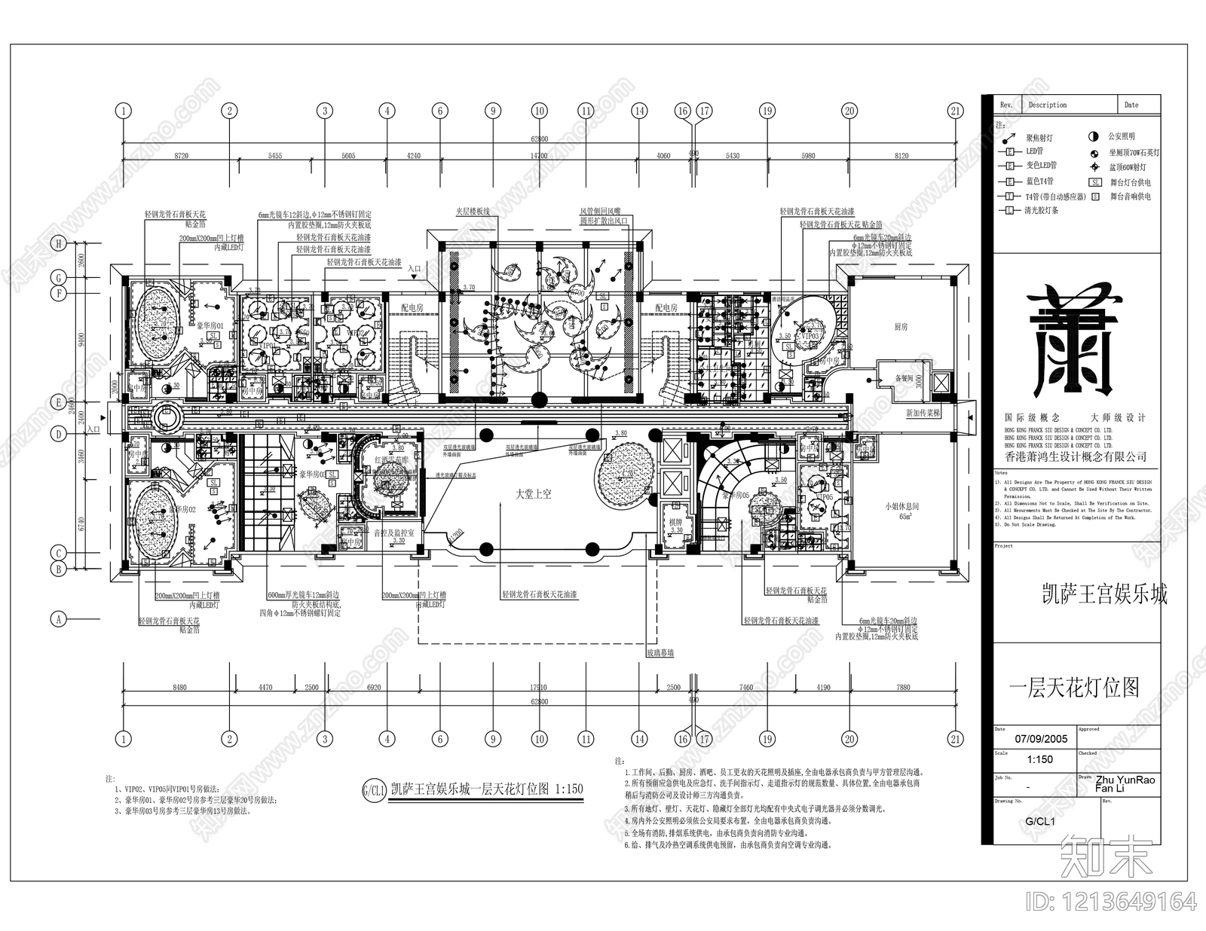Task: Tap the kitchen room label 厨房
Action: point(901,327)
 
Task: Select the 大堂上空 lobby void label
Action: point(533,494)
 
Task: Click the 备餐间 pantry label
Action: point(904,378)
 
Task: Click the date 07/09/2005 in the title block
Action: point(1041,739)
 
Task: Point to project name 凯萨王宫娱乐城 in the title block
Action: point(1103,595)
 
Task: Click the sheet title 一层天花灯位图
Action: point(1074,687)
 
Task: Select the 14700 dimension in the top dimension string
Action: point(538,156)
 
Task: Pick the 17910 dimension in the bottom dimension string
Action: point(538,687)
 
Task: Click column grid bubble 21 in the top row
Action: point(956,111)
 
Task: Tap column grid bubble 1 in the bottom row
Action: point(124,739)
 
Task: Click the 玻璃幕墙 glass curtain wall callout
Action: point(660,654)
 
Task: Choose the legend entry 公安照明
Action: point(1122,137)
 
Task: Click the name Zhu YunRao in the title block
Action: point(1125,780)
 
